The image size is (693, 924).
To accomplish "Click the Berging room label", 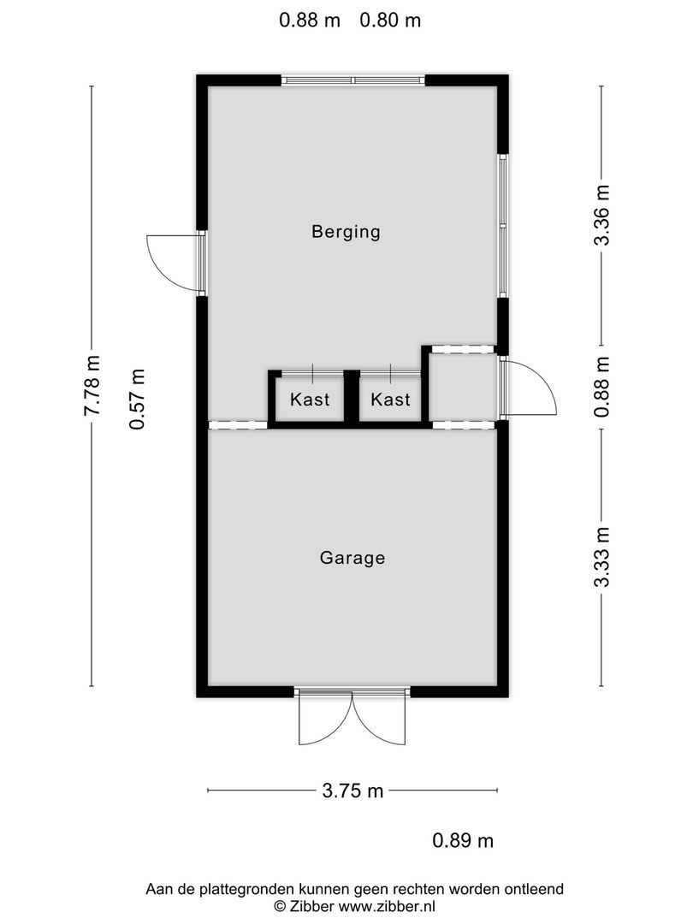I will [x=346, y=231].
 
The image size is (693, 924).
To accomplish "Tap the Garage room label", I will [x=352, y=558].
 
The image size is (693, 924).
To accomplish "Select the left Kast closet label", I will [x=310, y=400].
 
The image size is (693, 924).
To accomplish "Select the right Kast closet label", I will [x=390, y=400].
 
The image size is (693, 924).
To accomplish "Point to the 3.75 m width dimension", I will [x=352, y=791].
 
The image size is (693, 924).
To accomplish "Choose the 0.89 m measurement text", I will [x=463, y=841].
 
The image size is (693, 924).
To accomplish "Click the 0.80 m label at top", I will [x=390, y=21].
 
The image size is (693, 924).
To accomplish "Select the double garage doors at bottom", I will [x=352, y=717].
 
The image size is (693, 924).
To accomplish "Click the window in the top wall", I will [x=353, y=80].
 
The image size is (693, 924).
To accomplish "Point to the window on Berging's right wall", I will [x=503, y=225].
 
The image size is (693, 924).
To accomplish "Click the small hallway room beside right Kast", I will [x=463, y=386].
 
